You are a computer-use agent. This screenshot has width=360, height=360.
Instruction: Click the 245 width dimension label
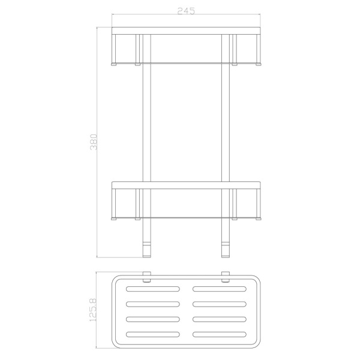pyautogui.click(x=186, y=11)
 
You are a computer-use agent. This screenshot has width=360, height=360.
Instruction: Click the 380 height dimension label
pyautogui.click(x=94, y=142)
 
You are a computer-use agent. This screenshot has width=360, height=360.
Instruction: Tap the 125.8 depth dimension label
pyautogui.click(x=93, y=310)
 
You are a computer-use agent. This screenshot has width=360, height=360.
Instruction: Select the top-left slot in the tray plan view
pyautogui.click(x=153, y=289)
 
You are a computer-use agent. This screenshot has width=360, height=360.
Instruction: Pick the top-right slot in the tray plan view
pyautogui.click(x=220, y=289)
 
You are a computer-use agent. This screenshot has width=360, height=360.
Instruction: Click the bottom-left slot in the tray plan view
pyautogui.click(x=153, y=334)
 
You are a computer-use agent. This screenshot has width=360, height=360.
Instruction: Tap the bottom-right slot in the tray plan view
pyautogui.click(x=220, y=334)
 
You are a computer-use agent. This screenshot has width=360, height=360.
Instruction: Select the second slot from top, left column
pyautogui.click(x=153, y=304)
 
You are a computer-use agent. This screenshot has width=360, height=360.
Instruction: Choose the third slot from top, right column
pyautogui.click(x=220, y=319)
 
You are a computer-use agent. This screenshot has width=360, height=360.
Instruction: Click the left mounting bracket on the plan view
pyautogui.click(x=147, y=277)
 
